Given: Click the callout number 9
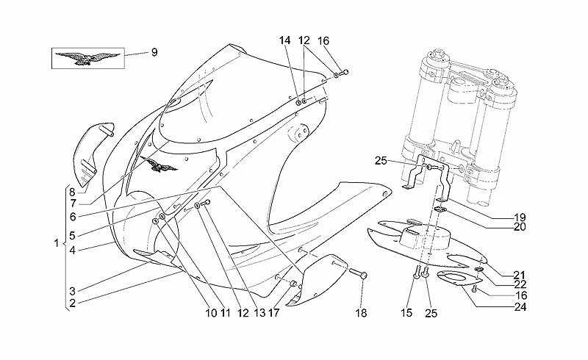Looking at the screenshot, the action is tap(154, 52).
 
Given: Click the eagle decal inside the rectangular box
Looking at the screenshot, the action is tap(87, 58).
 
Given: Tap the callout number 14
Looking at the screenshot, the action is tap(285, 40).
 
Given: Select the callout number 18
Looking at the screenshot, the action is tap(361, 313).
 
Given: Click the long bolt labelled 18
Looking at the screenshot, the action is tap(358, 273).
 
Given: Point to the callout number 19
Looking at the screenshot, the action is tap(520, 217).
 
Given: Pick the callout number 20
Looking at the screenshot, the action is tap(520, 227).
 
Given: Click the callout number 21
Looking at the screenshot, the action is tap(520, 276).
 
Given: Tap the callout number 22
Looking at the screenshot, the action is tap(520, 285).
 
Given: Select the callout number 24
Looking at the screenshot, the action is tap(520, 307).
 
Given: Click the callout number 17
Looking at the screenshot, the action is tap(273, 313).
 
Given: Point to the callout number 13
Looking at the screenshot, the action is tap(259, 313).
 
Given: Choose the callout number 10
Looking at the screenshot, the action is tap(211, 313).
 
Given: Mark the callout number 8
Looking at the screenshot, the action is tap(72, 192).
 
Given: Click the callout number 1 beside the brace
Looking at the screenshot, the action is tap(57, 243).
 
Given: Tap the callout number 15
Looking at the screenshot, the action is tap(406, 313).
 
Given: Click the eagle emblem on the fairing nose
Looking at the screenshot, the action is tap(159, 164).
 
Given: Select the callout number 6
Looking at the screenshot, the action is tap(72, 217).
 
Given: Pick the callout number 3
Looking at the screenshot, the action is tap(72, 292).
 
